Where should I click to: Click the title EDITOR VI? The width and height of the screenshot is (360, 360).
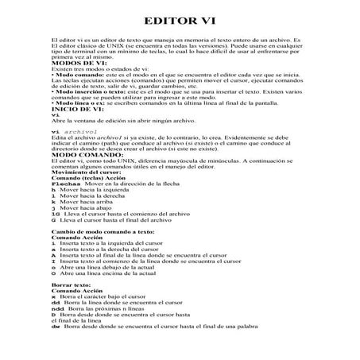coord(180,20)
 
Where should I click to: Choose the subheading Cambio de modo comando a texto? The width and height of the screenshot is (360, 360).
coord(105,252)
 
